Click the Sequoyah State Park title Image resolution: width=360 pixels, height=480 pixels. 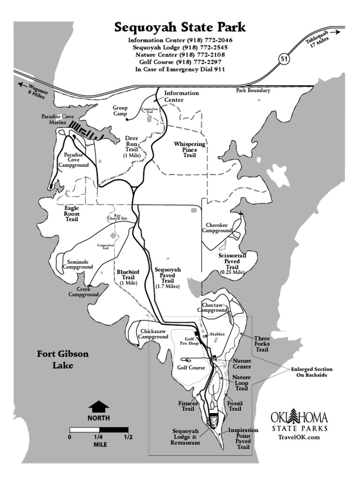(x=180, y=28)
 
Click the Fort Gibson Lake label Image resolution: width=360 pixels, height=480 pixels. (x=62, y=360)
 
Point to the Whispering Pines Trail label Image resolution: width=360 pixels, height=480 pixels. (x=189, y=149)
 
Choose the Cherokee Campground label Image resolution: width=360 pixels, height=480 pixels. (x=217, y=227)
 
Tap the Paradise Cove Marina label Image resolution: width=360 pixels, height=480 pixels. (x=54, y=119)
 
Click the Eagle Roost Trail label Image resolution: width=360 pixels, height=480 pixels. (x=71, y=213)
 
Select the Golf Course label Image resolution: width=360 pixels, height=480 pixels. (x=191, y=367)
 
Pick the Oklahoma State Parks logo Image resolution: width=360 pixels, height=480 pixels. (x=299, y=421)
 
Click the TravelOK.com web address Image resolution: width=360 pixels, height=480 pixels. (x=299, y=437)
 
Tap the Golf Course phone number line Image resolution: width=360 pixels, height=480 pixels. (x=180, y=62)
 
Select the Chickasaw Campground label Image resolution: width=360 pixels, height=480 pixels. (x=153, y=334)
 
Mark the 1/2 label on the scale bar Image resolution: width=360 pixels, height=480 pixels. (x=127, y=437)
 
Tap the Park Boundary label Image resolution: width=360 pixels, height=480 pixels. (x=253, y=90)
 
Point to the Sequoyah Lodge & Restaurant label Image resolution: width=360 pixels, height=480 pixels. (x=186, y=436)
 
